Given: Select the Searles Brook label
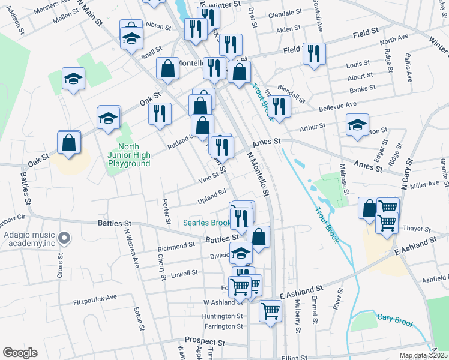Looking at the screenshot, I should (x=207, y=223).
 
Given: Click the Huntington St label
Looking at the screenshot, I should (x=222, y=316).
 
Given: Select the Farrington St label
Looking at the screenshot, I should (x=223, y=326).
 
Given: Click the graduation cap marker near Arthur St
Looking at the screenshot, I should (x=357, y=126).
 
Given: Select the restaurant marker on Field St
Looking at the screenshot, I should (x=313, y=55).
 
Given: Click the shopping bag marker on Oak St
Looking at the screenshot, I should (x=70, y=143).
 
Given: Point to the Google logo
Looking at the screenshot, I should (x=20, y=353).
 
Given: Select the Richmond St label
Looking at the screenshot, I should (x=176, y=246).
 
